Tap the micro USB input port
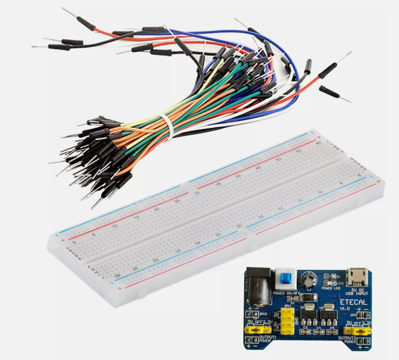coord(357,275)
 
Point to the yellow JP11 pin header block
coord(287,320)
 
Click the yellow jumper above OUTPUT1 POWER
coord(252,330)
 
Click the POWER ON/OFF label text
coord(286,293)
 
